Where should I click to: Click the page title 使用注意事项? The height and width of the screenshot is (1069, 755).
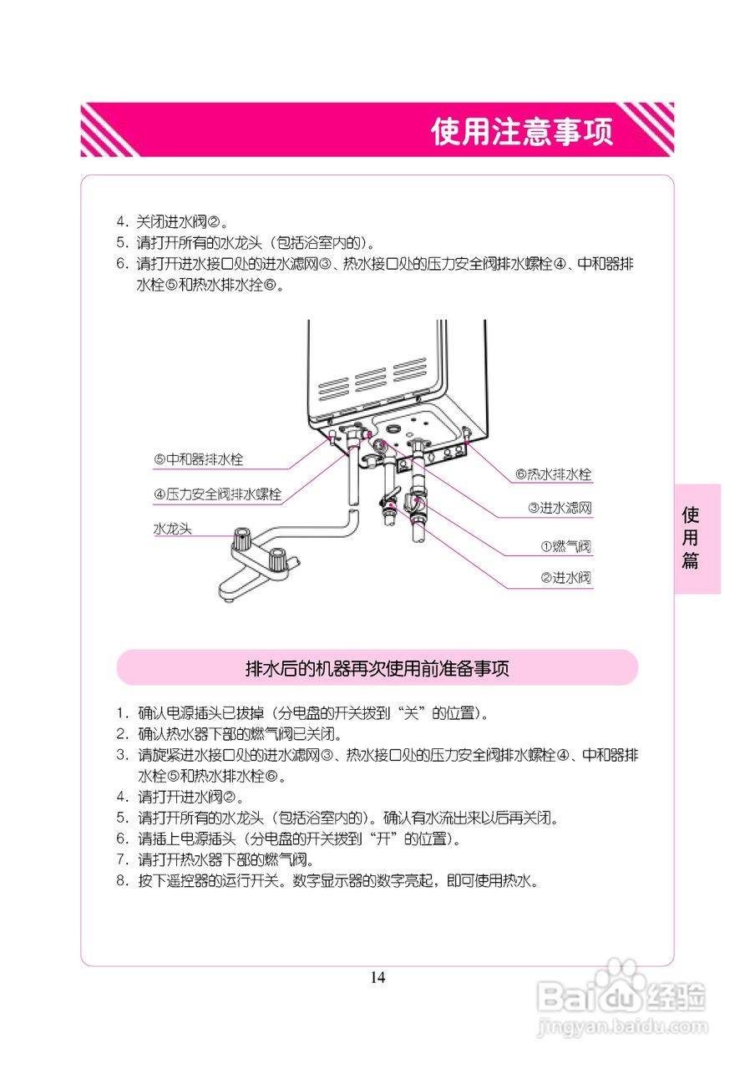point(522,131)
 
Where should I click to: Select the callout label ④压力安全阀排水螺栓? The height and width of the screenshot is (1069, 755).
point(217,495)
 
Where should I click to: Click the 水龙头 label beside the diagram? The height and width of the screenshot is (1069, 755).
point(173,529)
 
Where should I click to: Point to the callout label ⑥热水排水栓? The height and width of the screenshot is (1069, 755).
point(553,474)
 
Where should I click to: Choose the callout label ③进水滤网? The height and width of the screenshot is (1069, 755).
point(560,508)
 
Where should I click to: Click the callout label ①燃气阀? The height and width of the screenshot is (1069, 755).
point(565,547)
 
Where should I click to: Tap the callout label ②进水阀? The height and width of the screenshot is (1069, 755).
point(565,578)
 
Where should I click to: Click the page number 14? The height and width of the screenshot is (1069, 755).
point(377,977)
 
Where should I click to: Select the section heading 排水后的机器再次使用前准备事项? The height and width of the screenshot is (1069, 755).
point(377,668)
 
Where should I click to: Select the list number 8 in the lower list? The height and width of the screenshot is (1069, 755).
point(121,881)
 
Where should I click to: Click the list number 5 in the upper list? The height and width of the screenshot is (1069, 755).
point(121,244)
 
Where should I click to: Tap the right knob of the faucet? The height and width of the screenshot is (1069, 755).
point(280,555)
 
